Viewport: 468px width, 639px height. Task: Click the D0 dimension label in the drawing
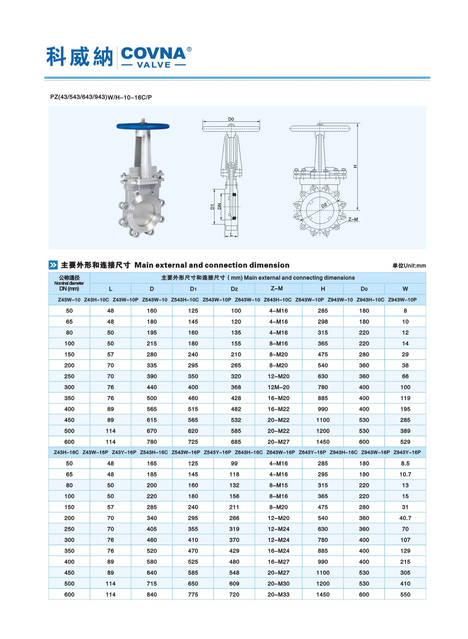pos(231,119)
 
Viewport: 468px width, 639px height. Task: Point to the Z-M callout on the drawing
pos(353,219)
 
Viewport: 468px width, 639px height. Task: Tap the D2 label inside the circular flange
pos(324,205)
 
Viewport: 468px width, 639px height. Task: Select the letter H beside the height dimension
pos(355,167)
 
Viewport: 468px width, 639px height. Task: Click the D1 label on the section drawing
pos(212,207)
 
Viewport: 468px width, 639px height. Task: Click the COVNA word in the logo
pos(153,53)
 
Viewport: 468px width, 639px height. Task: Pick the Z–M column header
pos(277,288)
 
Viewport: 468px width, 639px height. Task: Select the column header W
pos(405,289)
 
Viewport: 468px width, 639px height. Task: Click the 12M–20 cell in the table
pos(278,387)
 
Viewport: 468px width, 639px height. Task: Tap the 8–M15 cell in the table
pos(278,485)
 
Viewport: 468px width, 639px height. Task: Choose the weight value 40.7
pos(405,518)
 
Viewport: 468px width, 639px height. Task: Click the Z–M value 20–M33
pos(278,594)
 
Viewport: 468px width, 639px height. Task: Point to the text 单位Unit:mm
pos(409,266)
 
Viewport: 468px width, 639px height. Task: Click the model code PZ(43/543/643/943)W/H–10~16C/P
pos(101,97)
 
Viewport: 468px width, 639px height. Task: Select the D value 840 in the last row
pos(152,594)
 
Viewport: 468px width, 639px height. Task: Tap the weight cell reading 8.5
pos(405,463)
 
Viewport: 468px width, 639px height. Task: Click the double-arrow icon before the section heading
pos(53,265)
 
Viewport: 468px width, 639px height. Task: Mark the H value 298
pos(323,322)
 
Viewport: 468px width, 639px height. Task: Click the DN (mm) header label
pos(69,289)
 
